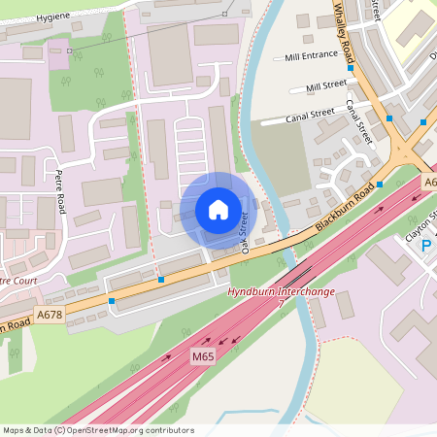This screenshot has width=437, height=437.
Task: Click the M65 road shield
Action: click(x=203, y=356)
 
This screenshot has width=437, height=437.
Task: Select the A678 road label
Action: click(x=49, y=315)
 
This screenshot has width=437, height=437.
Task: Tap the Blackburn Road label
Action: click(x=345, y=213)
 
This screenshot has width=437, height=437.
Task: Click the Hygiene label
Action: click(x=53, y=17)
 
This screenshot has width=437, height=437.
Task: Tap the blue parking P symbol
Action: click(x=425, y=247)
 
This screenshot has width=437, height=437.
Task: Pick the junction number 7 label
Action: click(x=281, y=304)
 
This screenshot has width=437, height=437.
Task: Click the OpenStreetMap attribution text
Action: click(x=97, y=429)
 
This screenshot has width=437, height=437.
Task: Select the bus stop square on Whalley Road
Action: click(x=350, y=69)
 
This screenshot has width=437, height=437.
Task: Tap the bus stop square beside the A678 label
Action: click(x=112, y=302)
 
